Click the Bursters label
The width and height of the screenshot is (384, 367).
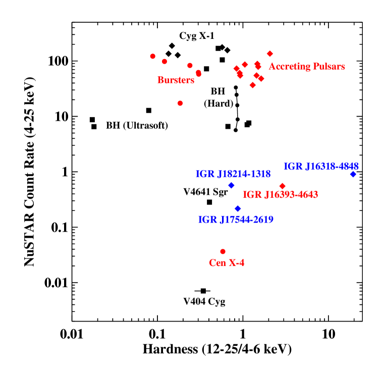tap(176, 80)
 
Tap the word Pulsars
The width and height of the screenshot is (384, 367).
tap(327, 67)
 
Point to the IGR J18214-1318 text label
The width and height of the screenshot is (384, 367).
tap(233, 174)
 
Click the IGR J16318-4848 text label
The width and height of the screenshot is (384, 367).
tap(321, 167)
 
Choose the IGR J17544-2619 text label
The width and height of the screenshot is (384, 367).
tap(236, 220)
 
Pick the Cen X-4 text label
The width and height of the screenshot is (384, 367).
tap(227, 263)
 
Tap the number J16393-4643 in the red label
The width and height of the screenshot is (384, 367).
tap(291, 195)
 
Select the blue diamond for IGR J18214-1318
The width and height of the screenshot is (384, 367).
tap(231, 185)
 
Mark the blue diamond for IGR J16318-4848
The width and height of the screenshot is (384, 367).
tap(353, 174)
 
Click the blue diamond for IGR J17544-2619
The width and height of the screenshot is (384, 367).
tap(238, 208)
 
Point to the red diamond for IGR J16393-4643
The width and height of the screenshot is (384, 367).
tap(282, 186)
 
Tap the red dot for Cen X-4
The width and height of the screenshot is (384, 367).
tap(223, 251)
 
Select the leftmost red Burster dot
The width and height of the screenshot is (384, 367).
tap(152, 56)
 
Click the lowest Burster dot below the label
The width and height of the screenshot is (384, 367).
tap(180, 103)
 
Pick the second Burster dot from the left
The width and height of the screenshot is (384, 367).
tap(164, 62)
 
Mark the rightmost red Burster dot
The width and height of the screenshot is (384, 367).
tap(198, 74)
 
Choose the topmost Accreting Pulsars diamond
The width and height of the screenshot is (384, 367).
tap(269, 54)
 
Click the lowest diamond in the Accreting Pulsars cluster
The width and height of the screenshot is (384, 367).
tap(253, 85)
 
